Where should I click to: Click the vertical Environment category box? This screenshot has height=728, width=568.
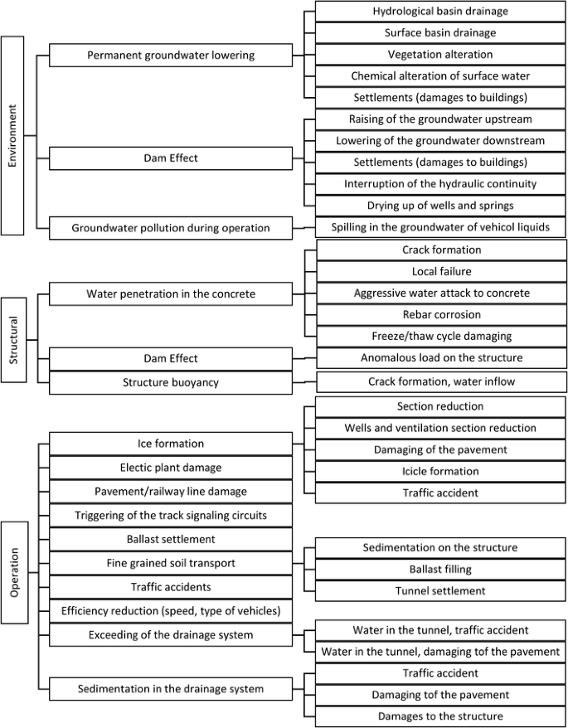12,135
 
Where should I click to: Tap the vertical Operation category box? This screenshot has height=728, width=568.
12,571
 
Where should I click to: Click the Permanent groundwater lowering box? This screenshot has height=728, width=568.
171,56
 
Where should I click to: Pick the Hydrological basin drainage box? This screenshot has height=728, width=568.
439,12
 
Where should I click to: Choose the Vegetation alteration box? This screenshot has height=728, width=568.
439,55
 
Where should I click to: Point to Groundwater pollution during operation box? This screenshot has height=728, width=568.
171,227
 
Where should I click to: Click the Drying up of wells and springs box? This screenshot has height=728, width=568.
439,205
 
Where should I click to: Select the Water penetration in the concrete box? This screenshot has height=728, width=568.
171,294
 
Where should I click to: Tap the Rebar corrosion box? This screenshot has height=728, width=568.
439,314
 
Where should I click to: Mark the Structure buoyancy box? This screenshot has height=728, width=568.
171,381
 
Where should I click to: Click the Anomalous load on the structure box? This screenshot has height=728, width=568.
439,358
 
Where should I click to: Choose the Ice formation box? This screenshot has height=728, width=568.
171,444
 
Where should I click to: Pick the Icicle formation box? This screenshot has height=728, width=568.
439,471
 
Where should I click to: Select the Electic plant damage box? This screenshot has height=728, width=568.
171,468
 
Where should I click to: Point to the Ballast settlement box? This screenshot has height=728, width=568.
171,539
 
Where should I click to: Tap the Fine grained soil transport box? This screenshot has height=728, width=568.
171,563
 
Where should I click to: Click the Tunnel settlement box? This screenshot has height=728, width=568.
439,591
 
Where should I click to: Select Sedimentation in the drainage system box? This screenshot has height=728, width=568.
171,688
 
